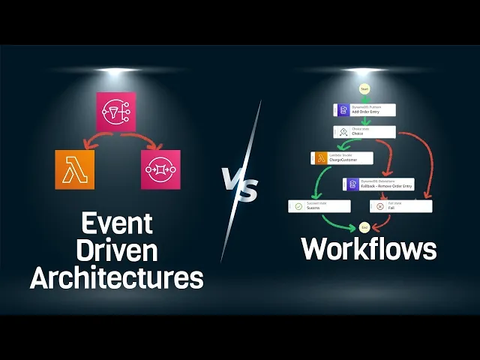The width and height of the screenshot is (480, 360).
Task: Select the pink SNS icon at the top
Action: [116, 111]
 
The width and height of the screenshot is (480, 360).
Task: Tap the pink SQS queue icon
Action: [160, 169]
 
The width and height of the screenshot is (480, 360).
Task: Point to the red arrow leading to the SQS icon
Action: [144, 140]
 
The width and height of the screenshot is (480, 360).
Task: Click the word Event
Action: [116, 223]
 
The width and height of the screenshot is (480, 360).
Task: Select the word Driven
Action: [116, 250]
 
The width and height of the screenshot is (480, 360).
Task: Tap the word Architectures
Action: [116, 277]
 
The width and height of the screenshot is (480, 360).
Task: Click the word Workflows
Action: [368, 249]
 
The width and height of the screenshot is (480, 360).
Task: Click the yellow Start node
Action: [364, 89]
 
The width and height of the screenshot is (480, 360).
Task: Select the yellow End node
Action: [364, 226]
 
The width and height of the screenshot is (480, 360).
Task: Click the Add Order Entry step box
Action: [364, 109]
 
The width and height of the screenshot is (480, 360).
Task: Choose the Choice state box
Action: [364, 132]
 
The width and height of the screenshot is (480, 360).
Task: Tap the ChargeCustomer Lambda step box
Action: [341, 158]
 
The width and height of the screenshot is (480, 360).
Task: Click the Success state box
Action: [319, 205]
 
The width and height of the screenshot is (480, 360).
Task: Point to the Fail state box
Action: [400, 205]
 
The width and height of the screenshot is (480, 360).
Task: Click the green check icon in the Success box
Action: [298, 206]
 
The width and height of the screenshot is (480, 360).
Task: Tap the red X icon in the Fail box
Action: [379, 206]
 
